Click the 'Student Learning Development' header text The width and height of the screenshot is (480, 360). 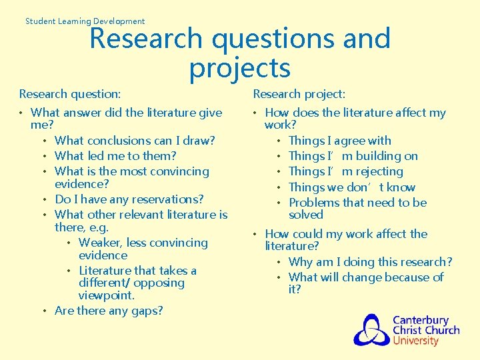85,21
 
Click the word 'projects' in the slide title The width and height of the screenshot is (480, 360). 240,68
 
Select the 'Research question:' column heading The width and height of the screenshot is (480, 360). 70,95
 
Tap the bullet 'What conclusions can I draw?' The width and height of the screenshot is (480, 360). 135,141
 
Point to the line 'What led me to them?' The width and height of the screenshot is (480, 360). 115,156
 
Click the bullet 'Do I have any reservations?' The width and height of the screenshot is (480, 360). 129,199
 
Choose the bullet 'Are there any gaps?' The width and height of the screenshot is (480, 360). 109,311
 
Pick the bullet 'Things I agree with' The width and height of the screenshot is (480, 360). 340,141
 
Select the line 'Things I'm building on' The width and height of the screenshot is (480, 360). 353,156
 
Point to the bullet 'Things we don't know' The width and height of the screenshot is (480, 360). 352,187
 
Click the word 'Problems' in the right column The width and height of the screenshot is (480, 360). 313,203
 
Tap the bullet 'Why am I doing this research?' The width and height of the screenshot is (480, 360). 370,262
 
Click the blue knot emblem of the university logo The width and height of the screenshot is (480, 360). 371,329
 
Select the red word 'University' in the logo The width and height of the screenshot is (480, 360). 415,341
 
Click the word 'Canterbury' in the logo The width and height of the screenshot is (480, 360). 420,320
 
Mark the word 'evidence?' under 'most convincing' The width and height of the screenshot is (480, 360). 82,184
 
